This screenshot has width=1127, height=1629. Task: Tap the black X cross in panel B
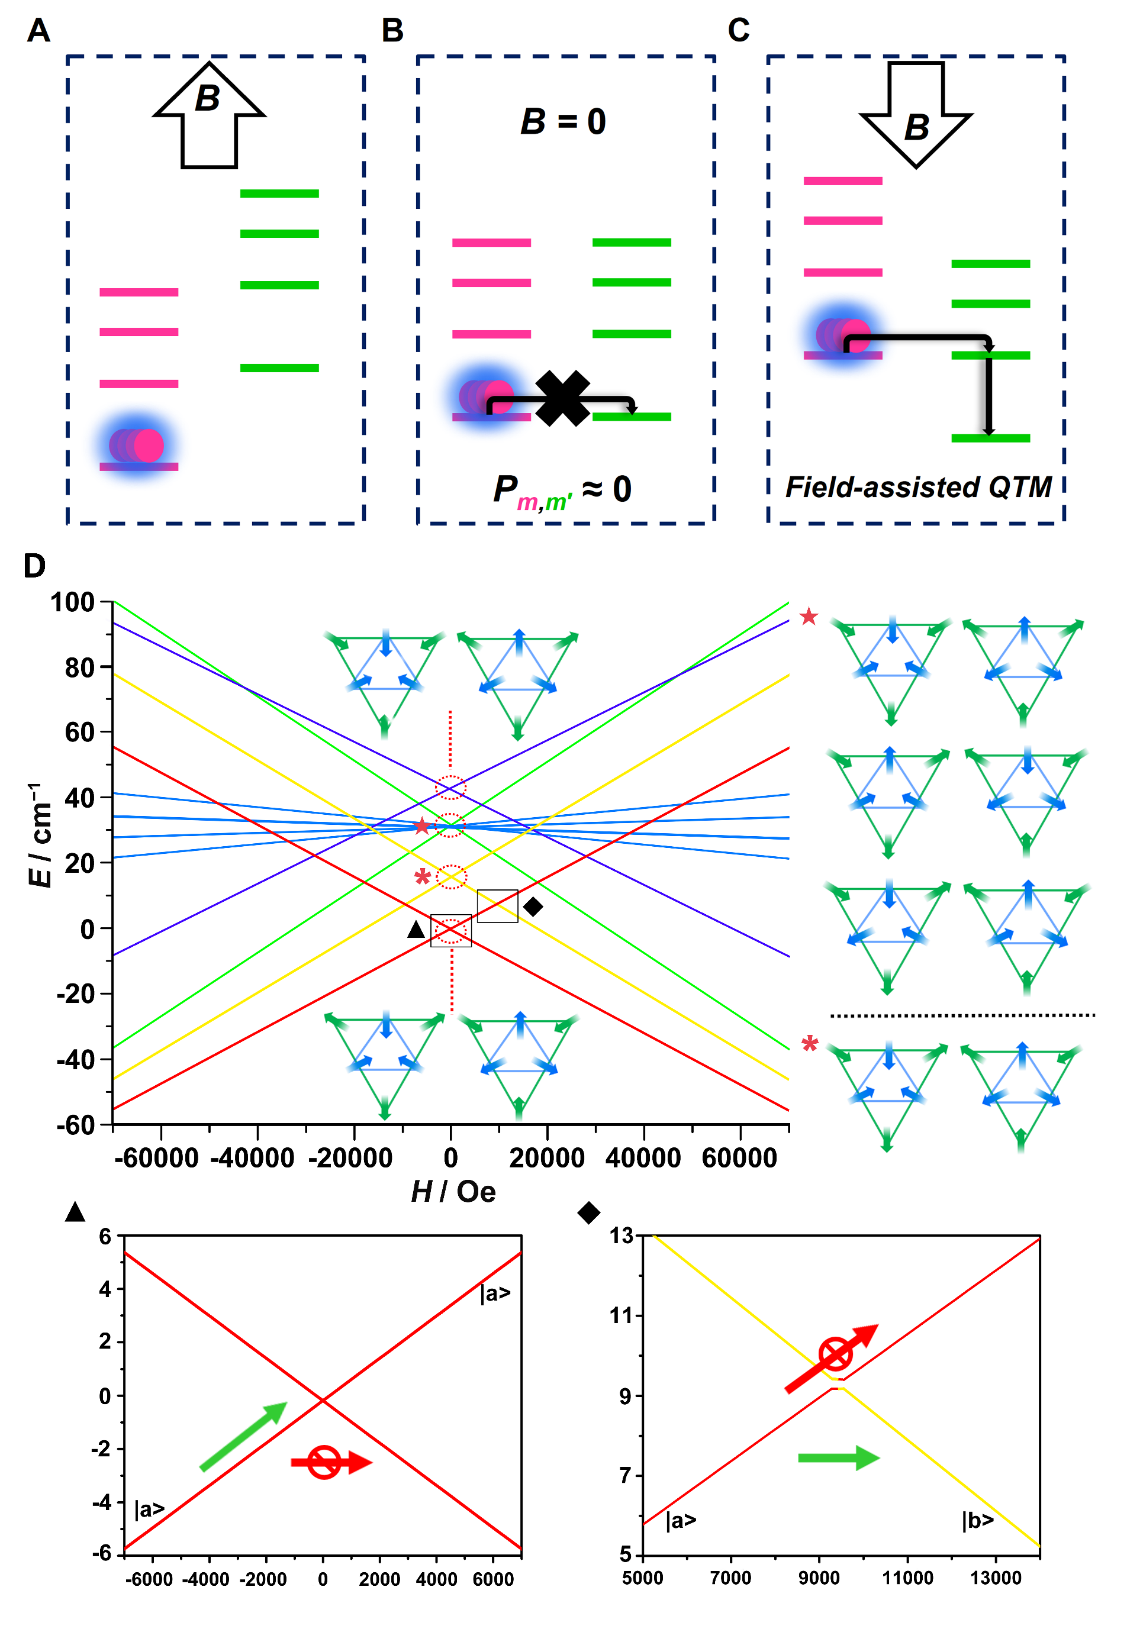click(562, 399)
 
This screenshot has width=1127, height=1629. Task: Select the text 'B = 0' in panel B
click(563, 121)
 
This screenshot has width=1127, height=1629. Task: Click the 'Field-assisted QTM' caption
click(918, 487)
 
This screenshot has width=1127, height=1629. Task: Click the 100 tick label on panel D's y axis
click(72, 602)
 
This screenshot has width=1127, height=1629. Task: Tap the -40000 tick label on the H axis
click(253, 1158)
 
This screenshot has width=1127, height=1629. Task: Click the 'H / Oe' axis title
click(453, 1191)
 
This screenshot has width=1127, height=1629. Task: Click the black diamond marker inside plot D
click(533, 907)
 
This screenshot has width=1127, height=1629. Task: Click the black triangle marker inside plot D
click(416, 930)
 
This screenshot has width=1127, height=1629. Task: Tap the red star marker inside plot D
click(421, 826)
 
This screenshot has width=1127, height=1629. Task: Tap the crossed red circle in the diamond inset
click(835, 1354)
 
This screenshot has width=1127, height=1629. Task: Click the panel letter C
click(739, 30)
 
